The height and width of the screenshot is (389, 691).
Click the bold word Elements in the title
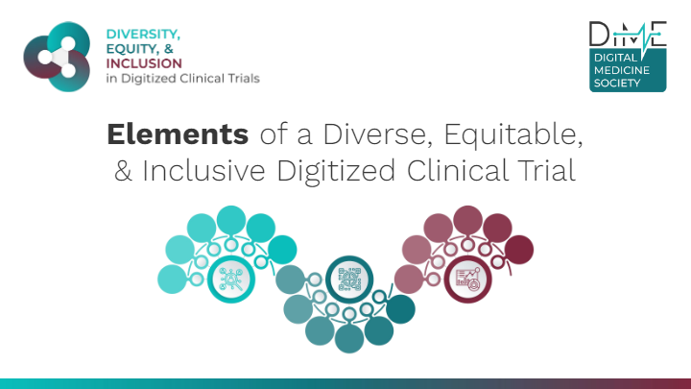pyautogui.click(x=178, y=134)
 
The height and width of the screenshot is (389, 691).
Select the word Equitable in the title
pyautogui.click(x=513, y=134)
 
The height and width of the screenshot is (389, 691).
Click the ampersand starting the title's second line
pyautogui.click(x=123, y=171)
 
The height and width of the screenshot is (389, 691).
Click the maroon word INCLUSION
pyautogui.click(x=144, y=63)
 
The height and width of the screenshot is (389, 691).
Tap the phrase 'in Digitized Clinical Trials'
pyautogui.click(x=183, y=79)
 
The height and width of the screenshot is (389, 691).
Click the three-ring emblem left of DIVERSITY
pyautogui.click(x=57, y=57)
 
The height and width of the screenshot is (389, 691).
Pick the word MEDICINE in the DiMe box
pyautogui.click(x=621, y=70)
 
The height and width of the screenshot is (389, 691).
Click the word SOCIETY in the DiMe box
pyautogui.click(x=617, y=83)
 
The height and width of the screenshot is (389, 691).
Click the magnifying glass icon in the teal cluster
pyautogui.click(x=231, y=280)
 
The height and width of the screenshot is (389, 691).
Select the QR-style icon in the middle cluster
pyautogui.click(x=349, y=280)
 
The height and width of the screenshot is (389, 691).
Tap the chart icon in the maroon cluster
pyautogui.click(x=467, y=280)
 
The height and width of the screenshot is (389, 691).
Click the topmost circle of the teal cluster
pyautogui.click(x=231, y=220)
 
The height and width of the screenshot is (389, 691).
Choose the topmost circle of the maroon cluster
pyautogui.click(x=468, y=220)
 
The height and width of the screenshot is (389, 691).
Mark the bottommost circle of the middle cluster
pyautogui.click(x=349, y=339)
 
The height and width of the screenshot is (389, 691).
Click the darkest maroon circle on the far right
pyautogui.click(x=519, y=250)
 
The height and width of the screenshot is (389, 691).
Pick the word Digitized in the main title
pyautogui.click(x=336, y=171)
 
